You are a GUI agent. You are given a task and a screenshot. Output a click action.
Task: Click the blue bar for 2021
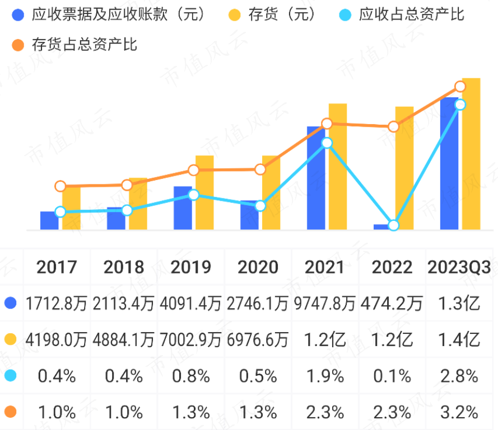[x=315, y=178]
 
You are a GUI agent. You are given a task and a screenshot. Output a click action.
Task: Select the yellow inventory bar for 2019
[x=204, y=192]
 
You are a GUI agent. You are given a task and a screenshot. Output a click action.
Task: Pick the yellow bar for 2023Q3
[x=471, y=154]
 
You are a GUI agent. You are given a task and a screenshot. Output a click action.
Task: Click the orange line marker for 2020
[x=260, y=169]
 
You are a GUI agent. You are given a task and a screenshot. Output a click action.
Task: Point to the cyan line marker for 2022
[x=393, y=225]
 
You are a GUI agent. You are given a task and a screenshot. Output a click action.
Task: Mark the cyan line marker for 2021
[x=327, y=143]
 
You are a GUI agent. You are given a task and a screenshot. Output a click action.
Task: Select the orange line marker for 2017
[x=60, y=186]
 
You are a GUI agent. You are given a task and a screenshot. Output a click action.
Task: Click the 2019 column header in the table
[x=191, y=267]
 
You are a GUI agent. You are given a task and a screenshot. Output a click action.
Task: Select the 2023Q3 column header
[x=459, y=267]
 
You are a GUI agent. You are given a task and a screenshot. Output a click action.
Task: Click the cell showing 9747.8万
[x=325, y=304]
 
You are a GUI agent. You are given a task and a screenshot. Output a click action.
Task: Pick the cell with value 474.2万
[x=392, y=304]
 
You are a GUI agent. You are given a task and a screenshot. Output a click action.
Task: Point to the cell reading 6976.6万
[x=258, y=339]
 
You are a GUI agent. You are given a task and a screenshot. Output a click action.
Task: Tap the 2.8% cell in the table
[x=459, y=376]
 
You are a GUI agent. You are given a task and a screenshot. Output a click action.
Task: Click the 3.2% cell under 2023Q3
[x=459, y=413]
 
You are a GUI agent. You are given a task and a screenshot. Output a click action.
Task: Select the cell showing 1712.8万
[x=57, y=304]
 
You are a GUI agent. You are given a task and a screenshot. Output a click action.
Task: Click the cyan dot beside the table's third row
[x=10, y=376]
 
